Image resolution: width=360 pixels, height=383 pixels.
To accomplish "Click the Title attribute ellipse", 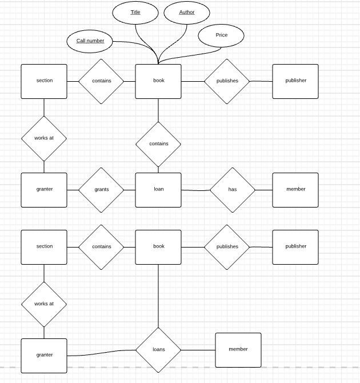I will click(135, 12).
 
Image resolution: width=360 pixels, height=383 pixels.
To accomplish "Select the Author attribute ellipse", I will click(187, 12).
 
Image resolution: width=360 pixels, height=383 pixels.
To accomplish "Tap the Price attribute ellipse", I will click(221, 35).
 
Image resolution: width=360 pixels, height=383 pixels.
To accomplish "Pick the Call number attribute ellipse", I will click(90, 41).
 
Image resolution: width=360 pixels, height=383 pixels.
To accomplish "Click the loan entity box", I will click(158, 189).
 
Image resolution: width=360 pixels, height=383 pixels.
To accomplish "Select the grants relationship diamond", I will click(101, 189).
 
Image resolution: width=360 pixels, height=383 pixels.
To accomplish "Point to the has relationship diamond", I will click(233, 189).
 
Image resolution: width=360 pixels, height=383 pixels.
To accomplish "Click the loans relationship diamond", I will click(158, 349).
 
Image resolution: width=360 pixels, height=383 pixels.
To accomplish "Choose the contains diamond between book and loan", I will click(158, 143).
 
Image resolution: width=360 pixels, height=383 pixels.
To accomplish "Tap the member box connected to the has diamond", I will click(295, 189).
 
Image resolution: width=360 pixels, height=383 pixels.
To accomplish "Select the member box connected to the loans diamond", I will click(238, 349).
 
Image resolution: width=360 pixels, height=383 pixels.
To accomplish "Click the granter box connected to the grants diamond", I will click(44, 189).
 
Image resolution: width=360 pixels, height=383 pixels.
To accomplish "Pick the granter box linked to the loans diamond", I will click(44, 355).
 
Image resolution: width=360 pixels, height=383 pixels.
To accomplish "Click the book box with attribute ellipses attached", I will click(158, 81).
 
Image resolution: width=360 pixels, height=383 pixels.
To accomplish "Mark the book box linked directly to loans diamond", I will click(158, 246).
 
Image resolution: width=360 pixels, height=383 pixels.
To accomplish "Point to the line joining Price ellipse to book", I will click(183, 55).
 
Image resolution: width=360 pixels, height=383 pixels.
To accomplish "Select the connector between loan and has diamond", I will click(195, 190).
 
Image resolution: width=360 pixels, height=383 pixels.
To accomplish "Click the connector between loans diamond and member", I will click(198, 349).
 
